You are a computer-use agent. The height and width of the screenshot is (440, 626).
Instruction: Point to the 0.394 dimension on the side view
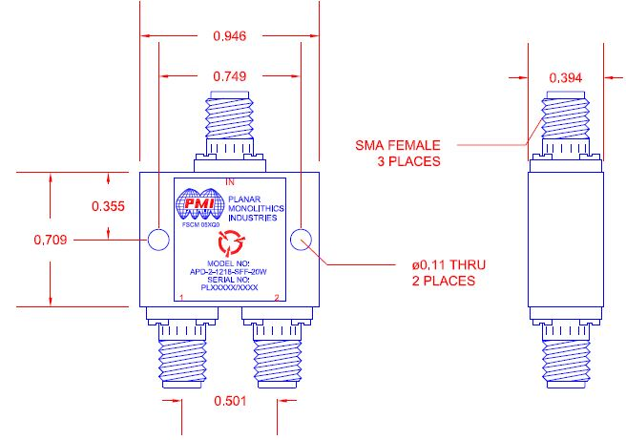click(x=567, y=76)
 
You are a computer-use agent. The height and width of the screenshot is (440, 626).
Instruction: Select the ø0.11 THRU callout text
click(x=436, y=273)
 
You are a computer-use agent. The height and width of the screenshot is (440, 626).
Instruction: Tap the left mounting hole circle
click(x=157, y=240)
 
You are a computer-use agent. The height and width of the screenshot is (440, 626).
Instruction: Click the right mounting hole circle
click(x=302, y=240)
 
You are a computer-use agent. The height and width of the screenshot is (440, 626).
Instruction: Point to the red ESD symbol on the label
click(x=230, y=240)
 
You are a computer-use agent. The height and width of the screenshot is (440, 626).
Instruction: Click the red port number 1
click(x=180, y=300)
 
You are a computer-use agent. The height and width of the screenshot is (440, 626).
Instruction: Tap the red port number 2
click(x=278, y=300)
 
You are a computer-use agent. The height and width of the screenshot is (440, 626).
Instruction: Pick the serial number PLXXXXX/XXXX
click(x=229, y=286)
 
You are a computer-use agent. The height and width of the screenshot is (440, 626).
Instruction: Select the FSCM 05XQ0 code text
click(x=201, y=224)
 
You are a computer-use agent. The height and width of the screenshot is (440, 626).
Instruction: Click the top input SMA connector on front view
click(x=229, y=129)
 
